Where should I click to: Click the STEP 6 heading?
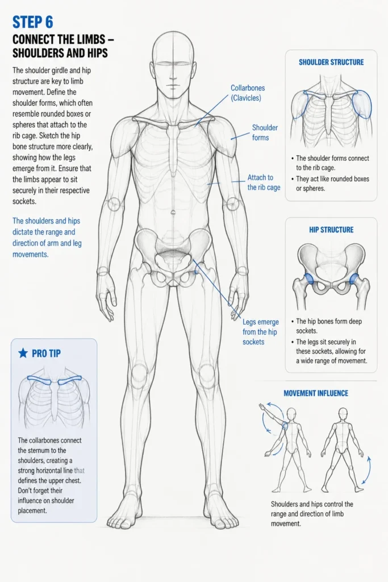coord(32,22)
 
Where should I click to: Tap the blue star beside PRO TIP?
coord(23,353)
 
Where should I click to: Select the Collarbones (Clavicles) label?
coord(248,93)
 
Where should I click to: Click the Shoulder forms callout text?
coord(265,132)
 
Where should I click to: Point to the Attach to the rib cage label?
coord(264,182)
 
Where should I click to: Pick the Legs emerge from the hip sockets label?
coord(260,332)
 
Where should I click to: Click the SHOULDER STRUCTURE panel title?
coord(331,62)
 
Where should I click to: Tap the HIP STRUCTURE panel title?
coord(331,230)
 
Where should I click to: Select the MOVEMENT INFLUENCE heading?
coord(316,393)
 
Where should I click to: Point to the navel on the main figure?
coord(173,213)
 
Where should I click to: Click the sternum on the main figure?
coord(173,148)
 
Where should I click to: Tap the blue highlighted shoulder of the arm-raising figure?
coord(285,426)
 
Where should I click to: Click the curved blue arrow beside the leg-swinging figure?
coord(367,470)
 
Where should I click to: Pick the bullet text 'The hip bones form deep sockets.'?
coord(329,326)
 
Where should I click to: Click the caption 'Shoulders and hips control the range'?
coord(312,504)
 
